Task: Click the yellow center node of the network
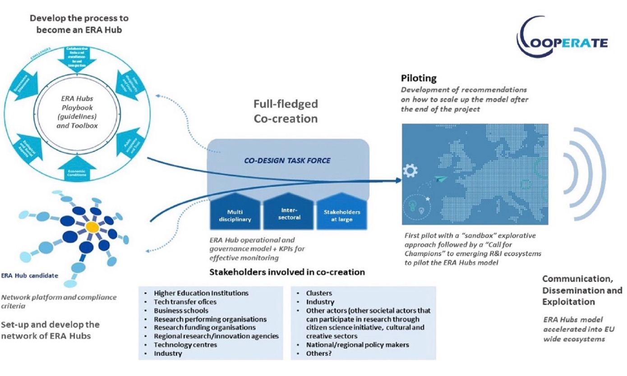[x=92, y=225]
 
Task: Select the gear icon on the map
[x=411, y=170]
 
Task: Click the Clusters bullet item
[x=319, y=293]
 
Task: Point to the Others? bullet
[x=319, y=354]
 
